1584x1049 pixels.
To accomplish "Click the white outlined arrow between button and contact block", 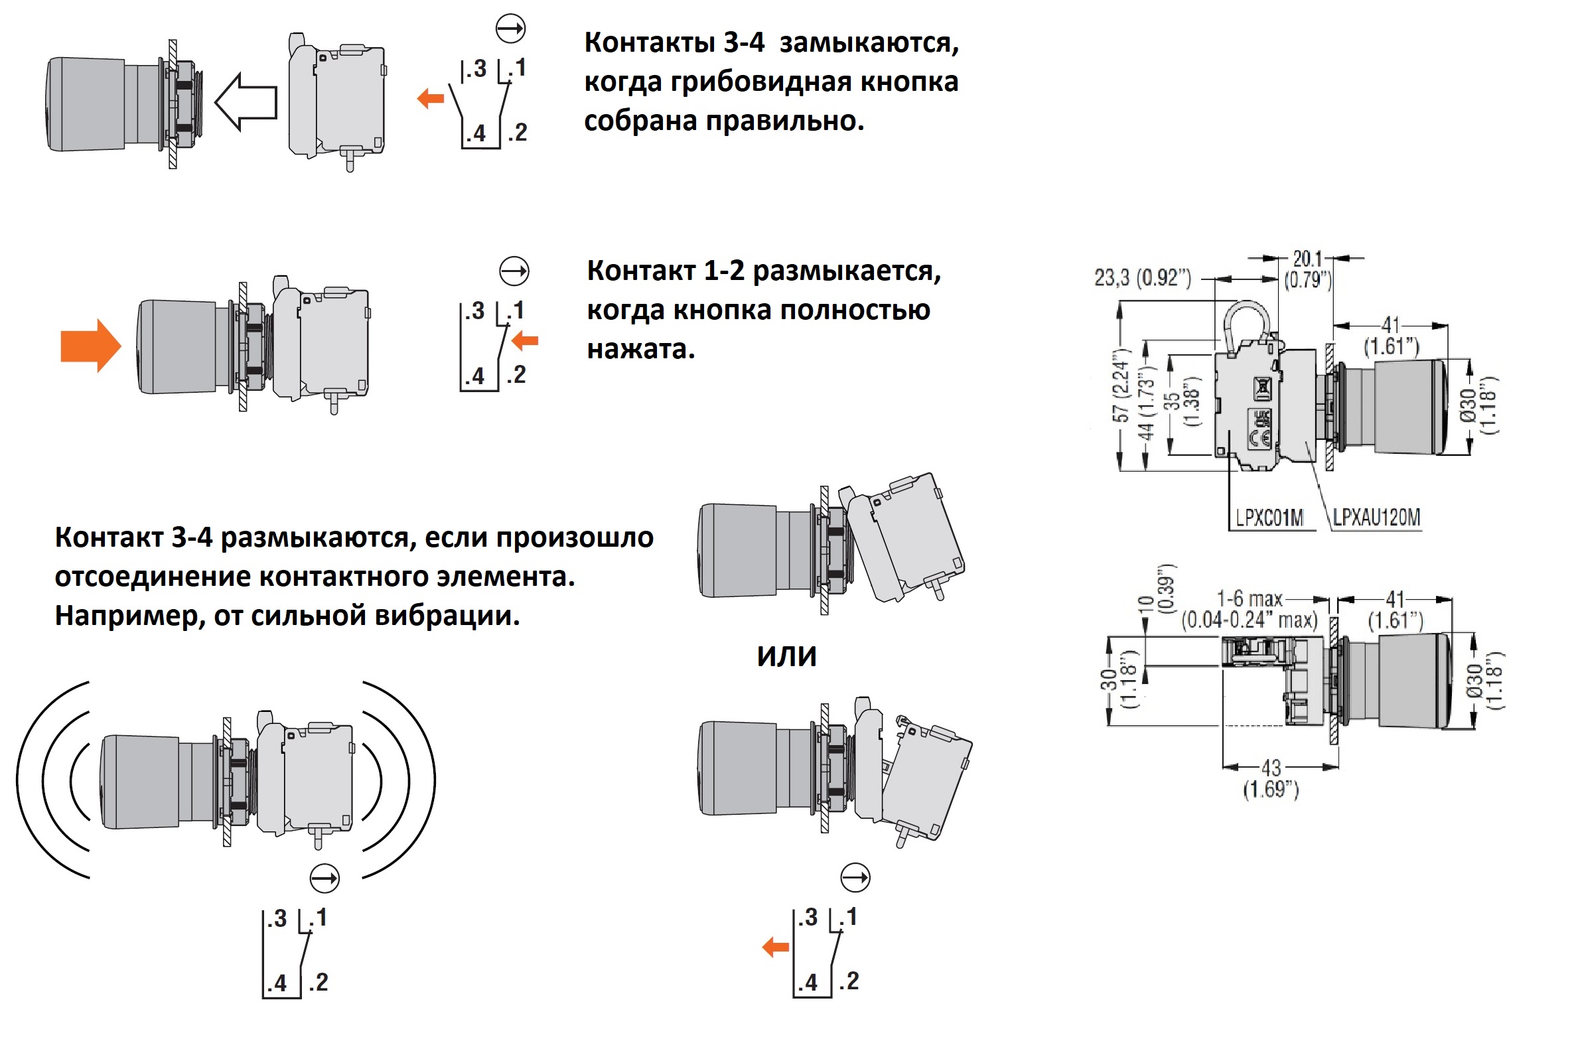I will click(x=246, y=102).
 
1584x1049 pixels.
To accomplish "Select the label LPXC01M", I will click(x=1269, y=517).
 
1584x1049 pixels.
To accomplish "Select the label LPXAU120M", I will click(x=1376, y=517).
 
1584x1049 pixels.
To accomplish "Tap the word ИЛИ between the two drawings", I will click(x=786, y=656).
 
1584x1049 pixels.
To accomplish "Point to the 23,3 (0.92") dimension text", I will click(x=1143, y=277).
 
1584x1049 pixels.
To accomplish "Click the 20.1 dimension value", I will click(x=1307, y=259).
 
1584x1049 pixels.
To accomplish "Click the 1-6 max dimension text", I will click(x=1249, y=598).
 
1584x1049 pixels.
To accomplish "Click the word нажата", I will click(x=641, y=349).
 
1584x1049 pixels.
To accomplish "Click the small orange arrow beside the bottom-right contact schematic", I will click(x=775, y=947).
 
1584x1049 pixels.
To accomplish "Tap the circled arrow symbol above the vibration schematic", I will click(x=325, y=878).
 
